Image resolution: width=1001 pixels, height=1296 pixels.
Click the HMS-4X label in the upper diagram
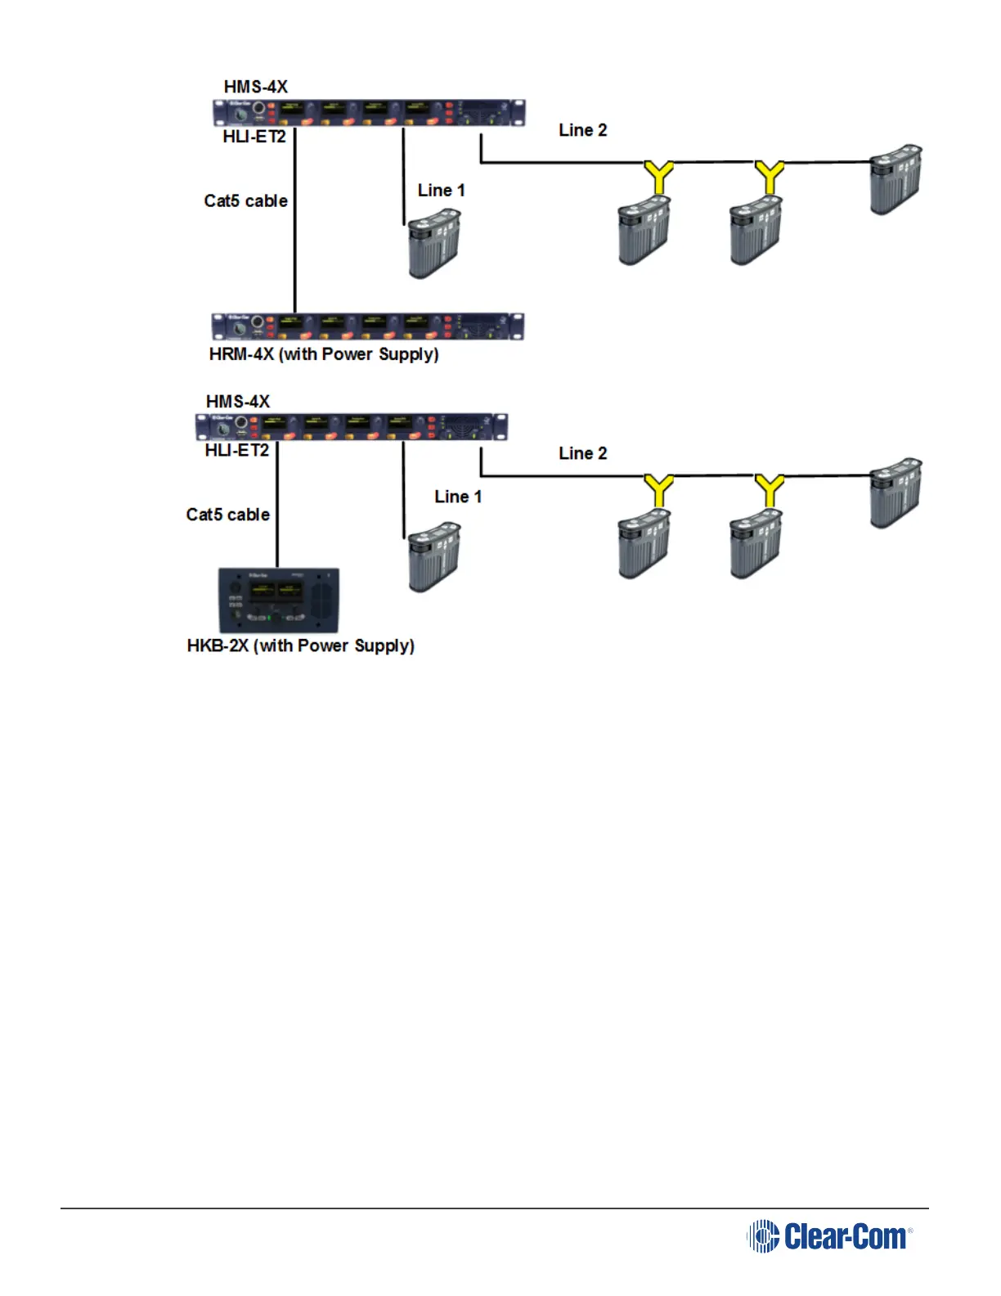pos(256,87)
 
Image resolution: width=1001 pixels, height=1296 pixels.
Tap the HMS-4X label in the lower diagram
pos(238,401)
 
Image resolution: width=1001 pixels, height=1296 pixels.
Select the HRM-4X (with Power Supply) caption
pos(324,354)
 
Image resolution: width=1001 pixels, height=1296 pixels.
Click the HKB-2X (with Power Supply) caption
pos(301,646)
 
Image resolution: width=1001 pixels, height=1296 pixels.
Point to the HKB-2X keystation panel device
pos(278,601)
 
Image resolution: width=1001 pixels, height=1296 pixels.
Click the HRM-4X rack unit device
pos(367,326)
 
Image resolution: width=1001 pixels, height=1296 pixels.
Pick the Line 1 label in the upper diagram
pos(442,191)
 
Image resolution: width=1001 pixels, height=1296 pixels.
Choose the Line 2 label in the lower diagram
pos(583,453)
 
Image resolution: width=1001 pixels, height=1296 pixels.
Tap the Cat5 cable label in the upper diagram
pos(246,200)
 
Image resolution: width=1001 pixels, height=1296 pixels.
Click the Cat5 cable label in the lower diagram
pos(228,515)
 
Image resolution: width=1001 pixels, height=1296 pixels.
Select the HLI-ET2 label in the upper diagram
pos(254,137)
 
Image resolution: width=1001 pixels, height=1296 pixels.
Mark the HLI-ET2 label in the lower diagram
pos(237,451)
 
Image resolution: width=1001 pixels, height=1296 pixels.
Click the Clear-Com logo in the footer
pos(829,1236)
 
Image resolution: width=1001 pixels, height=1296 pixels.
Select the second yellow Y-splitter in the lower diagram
pos(770,489)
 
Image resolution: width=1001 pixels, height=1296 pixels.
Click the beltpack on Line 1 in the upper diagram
pos(434,244)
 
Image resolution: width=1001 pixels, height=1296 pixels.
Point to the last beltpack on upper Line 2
pos(896,180)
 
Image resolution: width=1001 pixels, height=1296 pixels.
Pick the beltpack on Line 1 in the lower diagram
pos(434,557)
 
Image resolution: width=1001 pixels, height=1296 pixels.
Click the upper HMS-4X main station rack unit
pos(369,113)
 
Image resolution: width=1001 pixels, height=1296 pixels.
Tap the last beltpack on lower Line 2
pos(896,493)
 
